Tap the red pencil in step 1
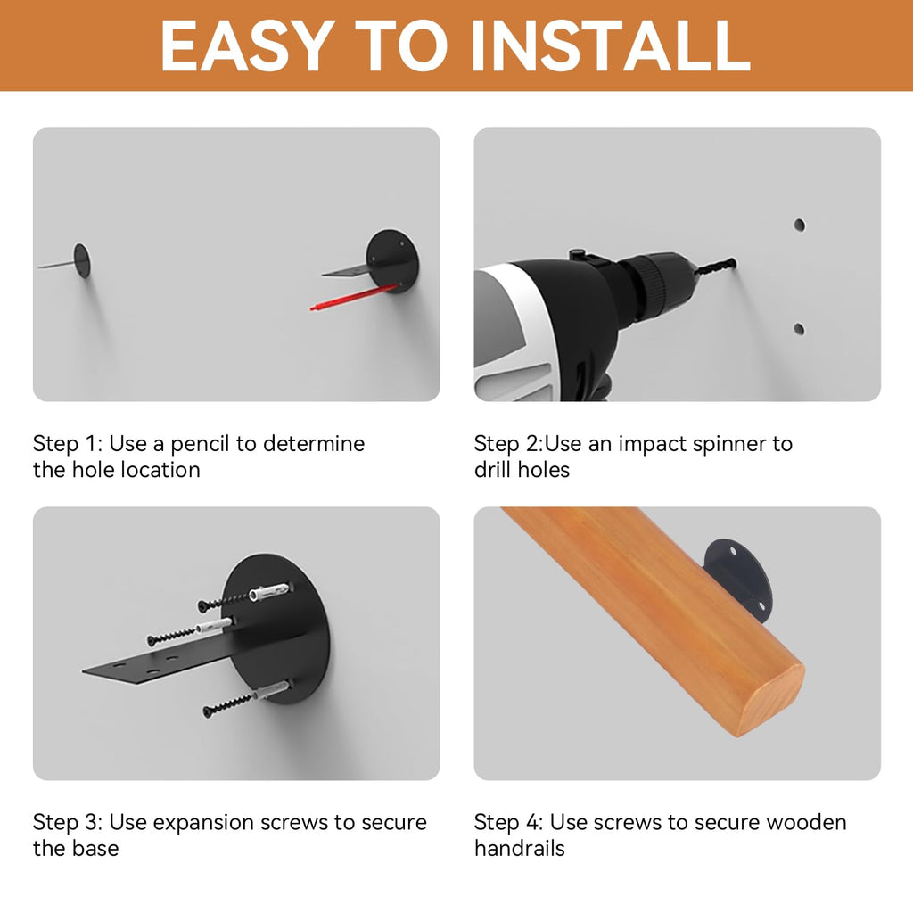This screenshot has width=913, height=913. click(x=354, y=297)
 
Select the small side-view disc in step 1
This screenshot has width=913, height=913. click(x=82, y=260)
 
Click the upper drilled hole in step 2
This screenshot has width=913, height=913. click(x=800, y=225)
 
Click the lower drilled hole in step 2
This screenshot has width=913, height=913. click(x=800, y=329)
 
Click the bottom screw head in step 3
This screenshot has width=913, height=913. click(x=208, y=711)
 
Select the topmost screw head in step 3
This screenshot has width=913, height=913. click(x=203, y=606)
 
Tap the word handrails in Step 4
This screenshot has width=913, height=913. click(x=520, y=849)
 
